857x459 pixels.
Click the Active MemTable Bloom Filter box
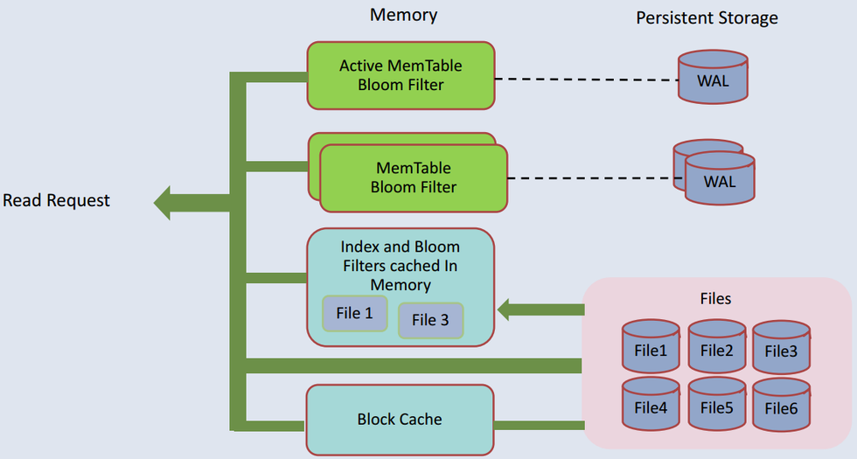pyautogui.click(x=401, y=76)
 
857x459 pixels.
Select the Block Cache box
pyautogui.click(x=400, y=420)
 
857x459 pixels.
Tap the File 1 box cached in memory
pyautogui.click(x=354, y=313)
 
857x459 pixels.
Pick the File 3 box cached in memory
pyautogui.click(x=430, y=321)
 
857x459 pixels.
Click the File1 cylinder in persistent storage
pyautogui.click(x=651, y=351)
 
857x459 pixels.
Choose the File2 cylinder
pyautogui.click(x=716, y=351)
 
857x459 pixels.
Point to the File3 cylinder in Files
pyautogui.click(x=781, y=351)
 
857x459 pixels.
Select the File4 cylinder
pyautogui.click(x=651, y=407)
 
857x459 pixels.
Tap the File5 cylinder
pyautogui.click(x=716, y=407)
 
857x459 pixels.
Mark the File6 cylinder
pyautogui.click(x=781, y=407)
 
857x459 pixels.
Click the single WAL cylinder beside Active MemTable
pyautogui.click(x=714, y=81)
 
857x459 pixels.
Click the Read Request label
pyautogui.click(x=57, y=200)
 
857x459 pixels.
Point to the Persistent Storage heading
pyautogui.click(x=707, y=17)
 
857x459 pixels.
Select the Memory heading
pyautogui.click(x=403, y=15)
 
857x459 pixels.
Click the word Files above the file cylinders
pyautogui.click(x=715, y=299)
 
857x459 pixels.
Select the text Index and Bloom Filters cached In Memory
pyautogui.click(x=400, y=266)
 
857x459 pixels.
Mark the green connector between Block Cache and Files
pyautogui.click(x=539, y=425)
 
